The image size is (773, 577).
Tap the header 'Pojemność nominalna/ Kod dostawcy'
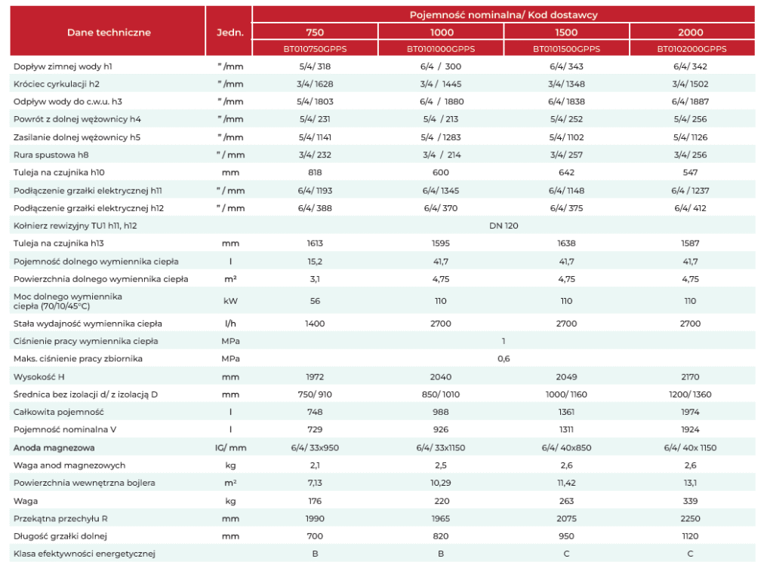tap(504, 15)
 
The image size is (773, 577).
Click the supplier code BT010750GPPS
tap(315, 49)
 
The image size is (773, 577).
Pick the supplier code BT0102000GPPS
tap(691, 49)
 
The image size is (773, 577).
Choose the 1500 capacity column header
tap(566, 32)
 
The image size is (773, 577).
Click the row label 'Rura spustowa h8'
tap(51, 155)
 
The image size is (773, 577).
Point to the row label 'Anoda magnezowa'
tap(54, 448)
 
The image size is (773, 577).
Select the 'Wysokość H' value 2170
tap(690, 377)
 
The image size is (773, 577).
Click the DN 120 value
tap(504, 226)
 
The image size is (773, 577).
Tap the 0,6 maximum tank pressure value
tap(504, 359)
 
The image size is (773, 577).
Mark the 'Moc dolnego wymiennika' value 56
tap(315, 301)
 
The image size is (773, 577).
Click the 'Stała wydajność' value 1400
tap(315, 324)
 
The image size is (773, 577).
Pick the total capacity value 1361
tap(566, 412)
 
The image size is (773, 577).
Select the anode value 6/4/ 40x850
tap(566, 448)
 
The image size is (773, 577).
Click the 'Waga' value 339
tap(690, 501)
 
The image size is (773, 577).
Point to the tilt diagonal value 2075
tap(566, 519)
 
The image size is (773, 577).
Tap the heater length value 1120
tap(690, 536)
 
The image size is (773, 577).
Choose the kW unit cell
tap(230, 301)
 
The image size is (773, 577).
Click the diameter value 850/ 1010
tap(441, 394)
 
